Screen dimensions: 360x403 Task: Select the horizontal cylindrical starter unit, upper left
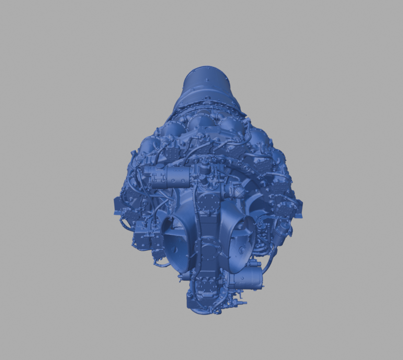[173, 177]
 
